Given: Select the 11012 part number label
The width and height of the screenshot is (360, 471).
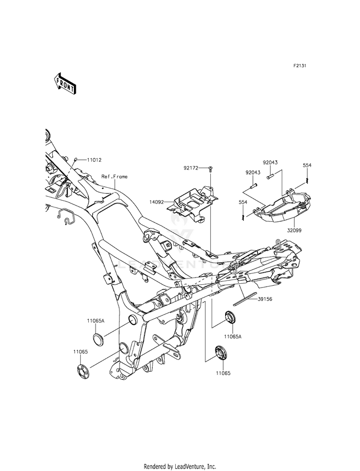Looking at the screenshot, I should point(95,159).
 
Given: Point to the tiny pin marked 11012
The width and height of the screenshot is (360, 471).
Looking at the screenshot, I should point(76,159).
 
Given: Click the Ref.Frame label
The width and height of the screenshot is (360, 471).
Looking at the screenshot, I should point(115,177).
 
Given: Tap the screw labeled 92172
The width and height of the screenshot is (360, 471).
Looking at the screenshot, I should point(211,169).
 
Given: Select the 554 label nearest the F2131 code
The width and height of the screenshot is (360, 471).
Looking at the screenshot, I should point(307,165).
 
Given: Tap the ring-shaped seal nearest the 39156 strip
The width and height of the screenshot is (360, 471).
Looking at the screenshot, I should point(231,318).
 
